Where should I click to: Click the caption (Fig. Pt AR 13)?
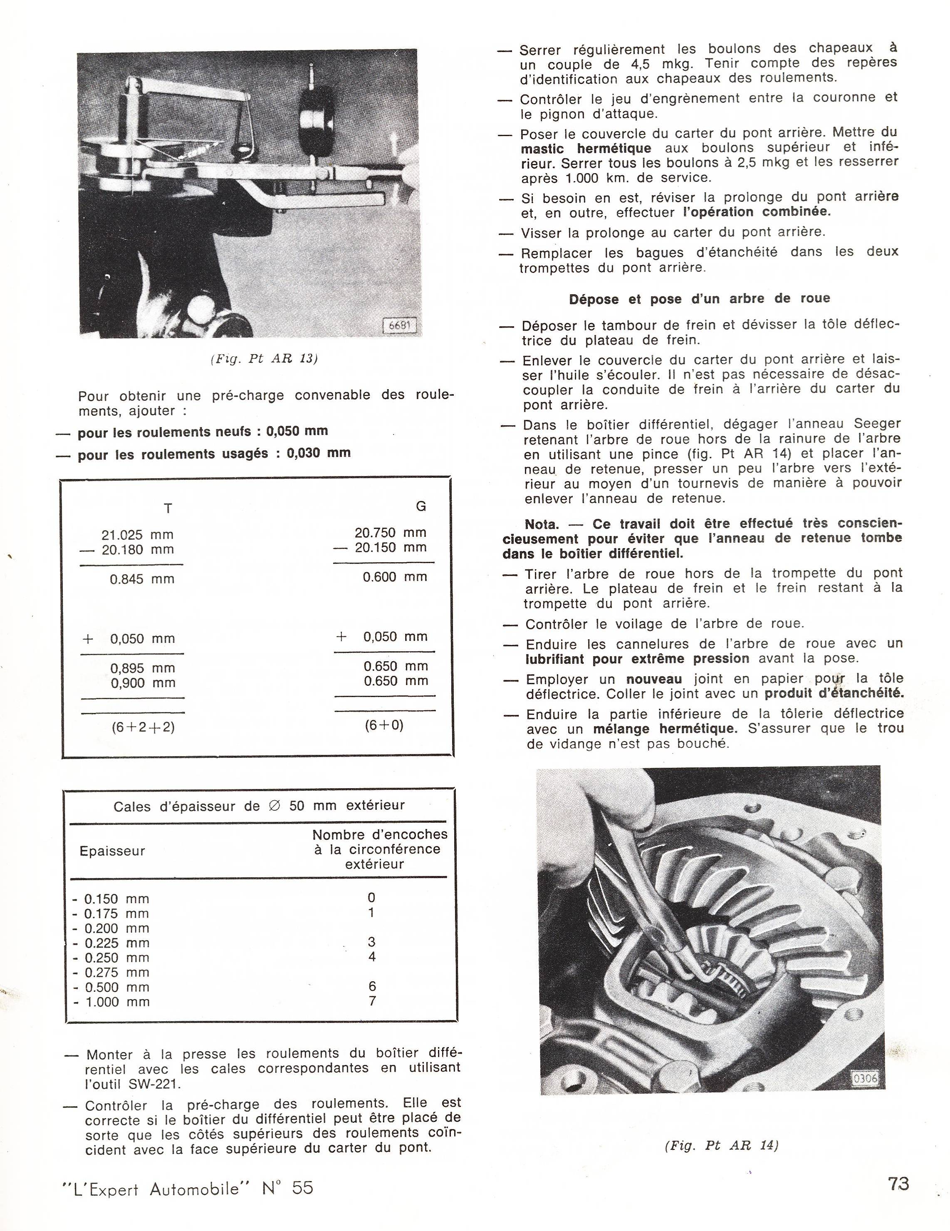pyautogui.click(x=264, y=359)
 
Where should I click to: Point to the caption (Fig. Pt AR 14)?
pyautogui.click(x=721, y=1145)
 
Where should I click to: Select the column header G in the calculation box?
pyautogui.click(x=421, y=506)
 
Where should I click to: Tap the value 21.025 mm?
pyautogui.click(x=138, y=534)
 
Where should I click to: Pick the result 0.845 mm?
pyautogui.click(x=142, y=579)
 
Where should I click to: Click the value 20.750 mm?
pyautogui.click(x=391, y=532)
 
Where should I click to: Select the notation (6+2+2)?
pyautogui.click(x=143, y=727)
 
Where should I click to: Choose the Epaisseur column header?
pyautogui.click(x=112, y=851)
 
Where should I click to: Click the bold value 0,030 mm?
pyautogui.click(x=318, y=453)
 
